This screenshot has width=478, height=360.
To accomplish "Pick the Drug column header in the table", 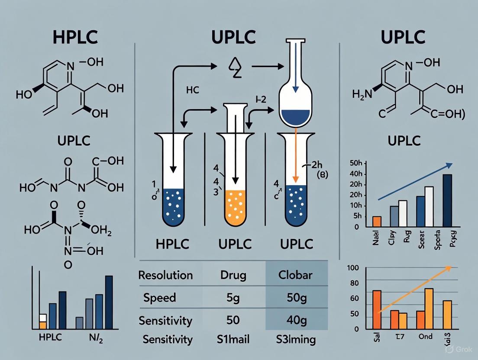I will (x=234, y=275).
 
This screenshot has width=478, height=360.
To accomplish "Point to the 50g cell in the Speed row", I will (x=294, y=298).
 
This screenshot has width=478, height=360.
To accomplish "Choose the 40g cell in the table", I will (x=294, y=321).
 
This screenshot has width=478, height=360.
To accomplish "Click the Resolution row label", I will (x=166, y=275).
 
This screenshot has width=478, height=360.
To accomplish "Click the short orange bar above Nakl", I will (x=376, y=221).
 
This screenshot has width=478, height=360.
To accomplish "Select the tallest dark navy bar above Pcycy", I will (x=447, y=200).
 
